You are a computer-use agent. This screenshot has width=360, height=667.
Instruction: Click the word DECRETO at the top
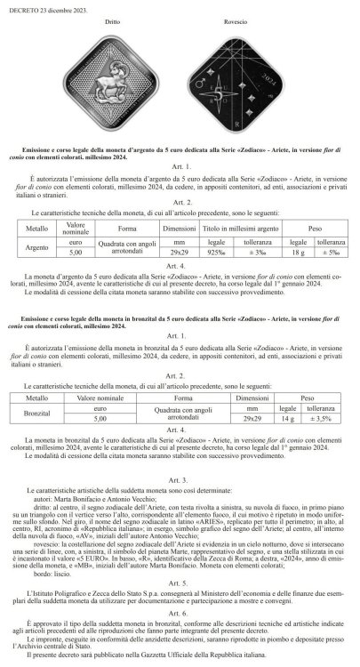pyautogui.click(x=20, y=5)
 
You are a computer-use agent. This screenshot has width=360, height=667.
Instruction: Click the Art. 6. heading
pyautogui.click(x=180, y=614)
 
